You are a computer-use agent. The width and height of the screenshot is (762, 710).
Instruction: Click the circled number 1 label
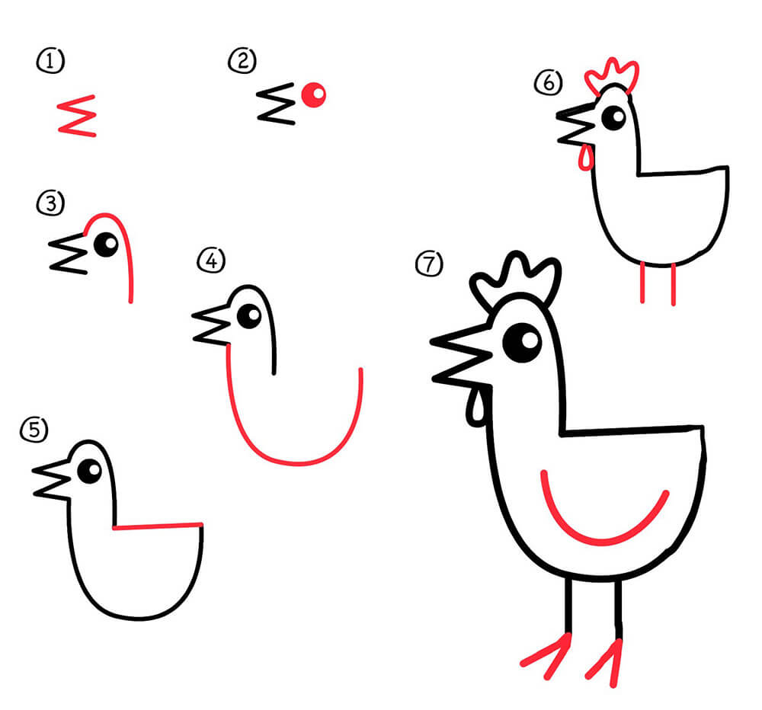pyautogui.click(x=50, y=61)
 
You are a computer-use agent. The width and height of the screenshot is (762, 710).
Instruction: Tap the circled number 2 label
pyautogui.click(x=242, y=61)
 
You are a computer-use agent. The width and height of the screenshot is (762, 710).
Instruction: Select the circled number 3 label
pyautogui.click(x=50, y=203)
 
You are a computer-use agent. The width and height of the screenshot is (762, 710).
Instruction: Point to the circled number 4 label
pyautogui.click(x=211, y=261)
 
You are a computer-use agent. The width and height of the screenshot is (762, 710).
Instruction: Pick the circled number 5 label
pyautogui.click(x=34, y=430)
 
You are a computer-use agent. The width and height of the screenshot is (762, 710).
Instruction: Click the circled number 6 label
pyautogui.click(x=548, y=82)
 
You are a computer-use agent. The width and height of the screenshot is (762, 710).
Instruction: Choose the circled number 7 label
pyautogui.click(x=429, y=264)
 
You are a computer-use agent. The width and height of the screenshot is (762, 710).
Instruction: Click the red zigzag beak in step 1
pyautogui.click(x=77, y=116)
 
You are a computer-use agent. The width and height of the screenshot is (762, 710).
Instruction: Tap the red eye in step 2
pyautogui.click(x=313, y=94)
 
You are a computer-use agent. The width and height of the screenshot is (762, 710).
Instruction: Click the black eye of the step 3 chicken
pyautogui.click(x=106, y=245)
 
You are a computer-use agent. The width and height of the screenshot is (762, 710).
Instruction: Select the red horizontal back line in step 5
pyautogui.click(x=158, y=526)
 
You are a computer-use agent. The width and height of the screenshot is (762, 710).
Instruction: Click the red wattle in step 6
pyautogui.click(x=586, y=158)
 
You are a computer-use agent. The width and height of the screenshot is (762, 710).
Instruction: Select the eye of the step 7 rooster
pyautogui.click(x=523, y=342)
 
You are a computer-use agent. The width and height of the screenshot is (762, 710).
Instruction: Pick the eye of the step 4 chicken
pyautogui.click(x=249, y=316)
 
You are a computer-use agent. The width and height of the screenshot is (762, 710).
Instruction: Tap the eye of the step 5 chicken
pyautogui.click(x=89, y=471)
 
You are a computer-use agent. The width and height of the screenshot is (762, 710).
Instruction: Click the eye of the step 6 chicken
pyautogui.click(x=613, y=117)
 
